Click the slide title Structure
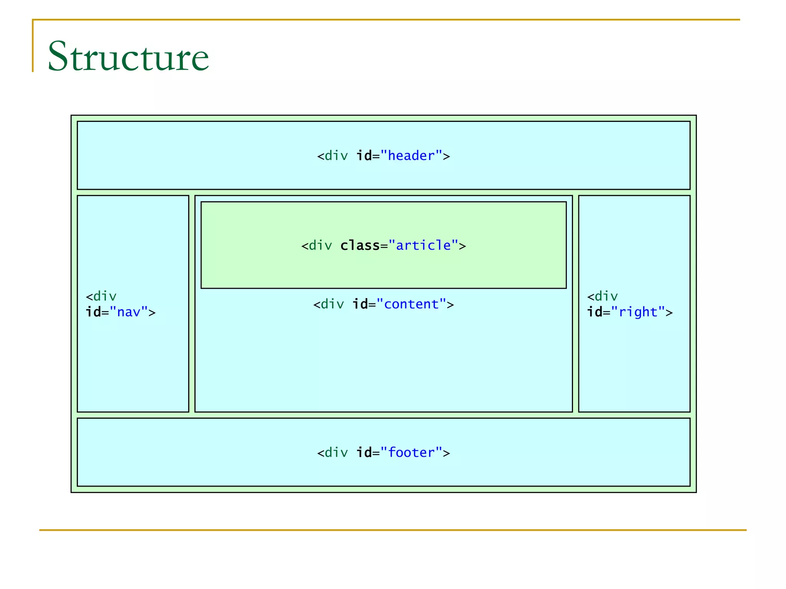click(x=128, y=56)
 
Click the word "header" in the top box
click(x=411, y=156)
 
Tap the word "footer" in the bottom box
click(x=411, y=452)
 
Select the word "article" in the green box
click(x=423, y=245)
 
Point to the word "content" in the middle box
click(x=411, y=304)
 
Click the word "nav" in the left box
click(x=129, y=312)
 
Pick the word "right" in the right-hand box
click(x=638, y=312)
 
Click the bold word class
click(x=360, y=245)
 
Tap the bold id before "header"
click(x=364, y=156)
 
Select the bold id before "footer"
click(x=364, y=452)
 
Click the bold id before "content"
click(x=360, y=304)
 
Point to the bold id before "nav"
click(x=93, y=312)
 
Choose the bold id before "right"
click(x=594, y=312)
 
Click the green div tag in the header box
click(x=336, y=156)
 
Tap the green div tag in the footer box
click(x=336, y=452)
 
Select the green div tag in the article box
click(x=320, y=245)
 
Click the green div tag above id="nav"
click(x=105, y=296)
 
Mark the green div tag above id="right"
click(x=606, y=296)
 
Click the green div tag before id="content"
click(x=332, y=304)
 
